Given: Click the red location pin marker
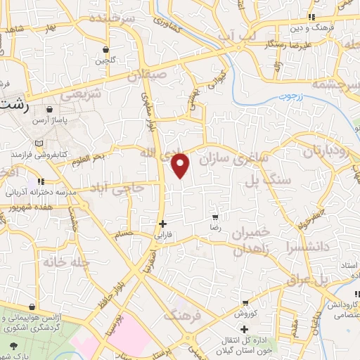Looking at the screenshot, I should coord(181,165).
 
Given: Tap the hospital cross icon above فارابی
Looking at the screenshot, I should coord(162,224).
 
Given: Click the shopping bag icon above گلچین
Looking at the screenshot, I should coord(105,50).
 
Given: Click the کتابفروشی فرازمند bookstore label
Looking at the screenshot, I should coord(43,153).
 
